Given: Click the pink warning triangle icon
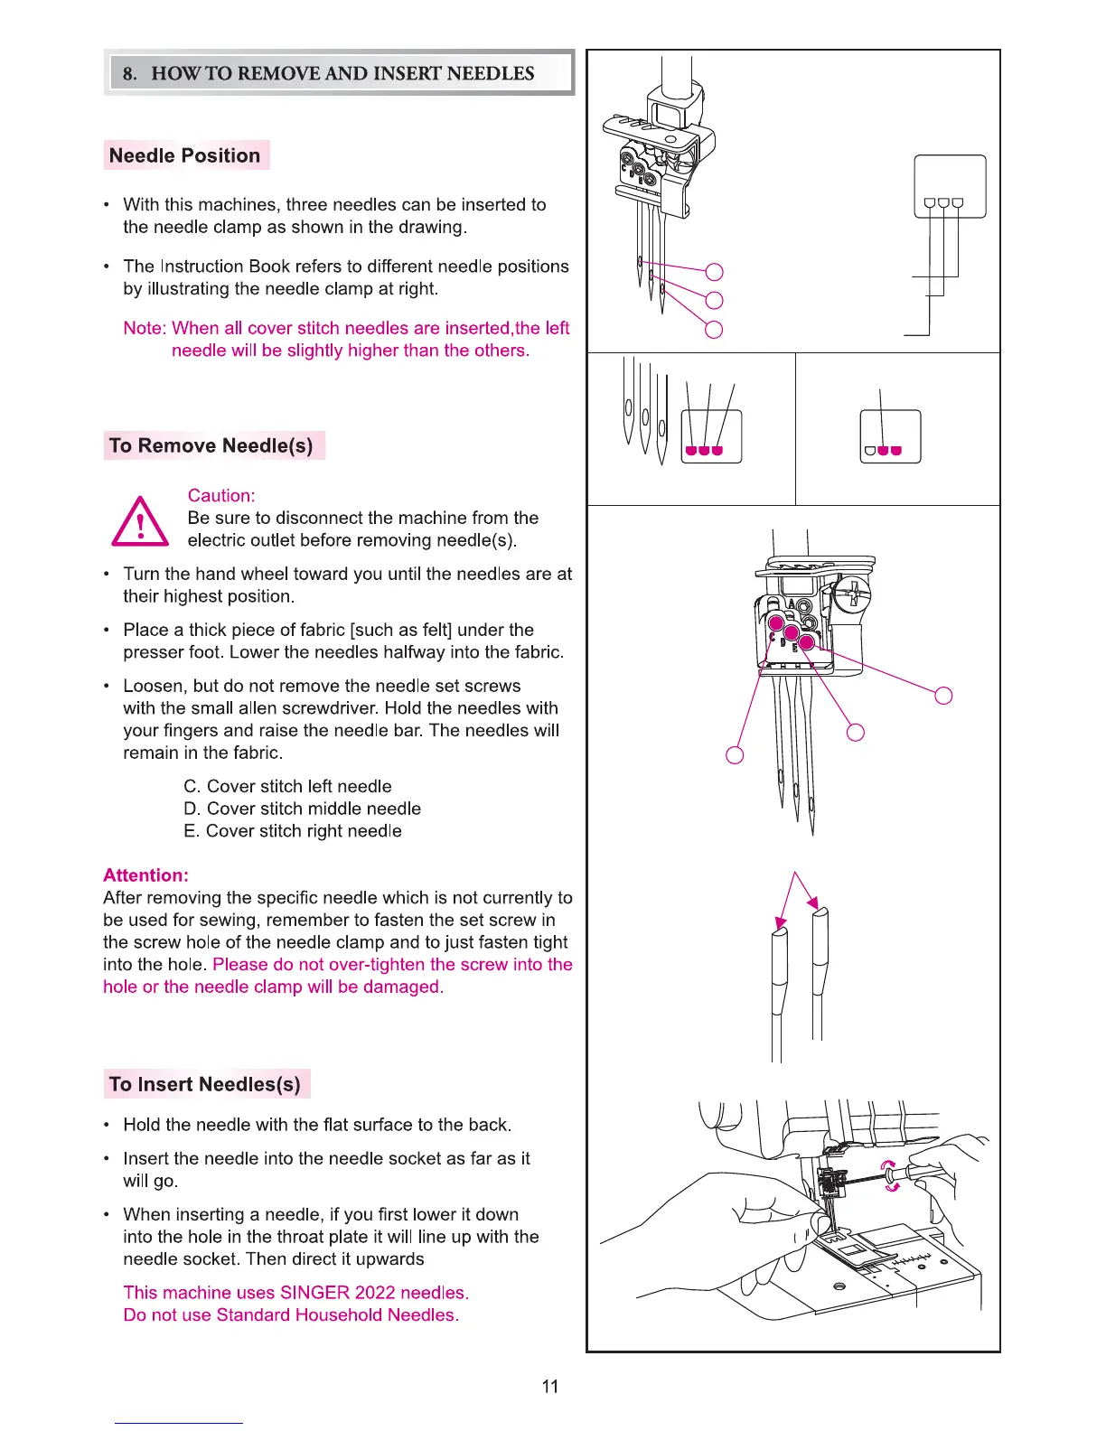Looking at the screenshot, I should coord(139,524).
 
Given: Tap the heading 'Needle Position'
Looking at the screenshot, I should coord(184,155).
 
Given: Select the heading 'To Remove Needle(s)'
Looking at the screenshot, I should coord(211,445).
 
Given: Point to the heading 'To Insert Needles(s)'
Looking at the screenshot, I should coord(204,1084).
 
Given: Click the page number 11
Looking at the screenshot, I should coord(550,1386).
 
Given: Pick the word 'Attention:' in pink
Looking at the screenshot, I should coord(145,875).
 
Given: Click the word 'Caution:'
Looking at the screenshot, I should coord(221,495).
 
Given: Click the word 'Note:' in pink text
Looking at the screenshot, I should coord(145,328).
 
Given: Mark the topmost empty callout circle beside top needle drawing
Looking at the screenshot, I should coord(714,272).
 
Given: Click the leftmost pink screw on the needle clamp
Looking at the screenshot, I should coord(775,623).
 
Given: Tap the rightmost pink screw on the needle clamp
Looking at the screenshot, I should coord(807,642).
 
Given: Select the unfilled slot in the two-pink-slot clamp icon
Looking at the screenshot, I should coord(869,450).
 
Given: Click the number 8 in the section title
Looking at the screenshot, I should coord(129,73).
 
